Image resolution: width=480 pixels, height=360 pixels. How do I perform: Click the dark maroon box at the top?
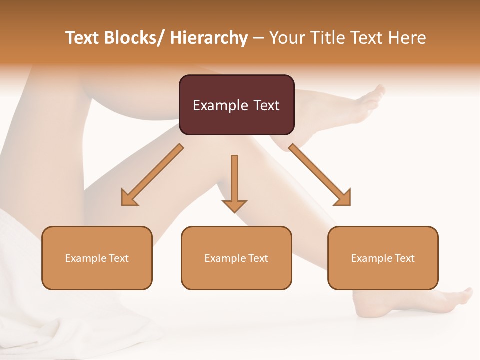[236, 105]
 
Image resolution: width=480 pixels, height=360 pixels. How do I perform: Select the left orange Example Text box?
[97, 258]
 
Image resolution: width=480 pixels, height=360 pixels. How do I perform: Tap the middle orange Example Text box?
[236, 258]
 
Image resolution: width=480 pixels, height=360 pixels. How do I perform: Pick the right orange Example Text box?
[383, 258]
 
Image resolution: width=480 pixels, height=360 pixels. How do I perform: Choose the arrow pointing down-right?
[320, 175]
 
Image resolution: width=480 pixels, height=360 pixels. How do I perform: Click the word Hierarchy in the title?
[209, 38]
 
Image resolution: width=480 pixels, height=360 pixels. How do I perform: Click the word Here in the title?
[407, 38]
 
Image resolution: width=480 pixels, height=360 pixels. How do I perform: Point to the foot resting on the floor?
[400, 302]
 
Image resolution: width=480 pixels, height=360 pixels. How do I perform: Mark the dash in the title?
[258, 38]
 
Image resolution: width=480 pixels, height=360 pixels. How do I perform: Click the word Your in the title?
[285, 38]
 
